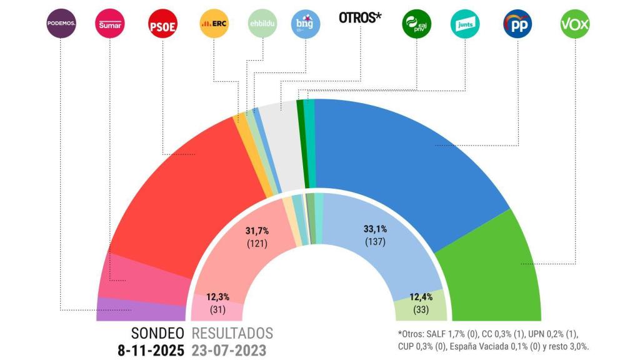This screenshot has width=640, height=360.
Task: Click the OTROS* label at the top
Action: click(x=360, y=18)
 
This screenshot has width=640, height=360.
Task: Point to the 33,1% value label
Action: click(x=375, y=229)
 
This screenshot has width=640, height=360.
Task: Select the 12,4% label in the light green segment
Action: click(x=420, y=297)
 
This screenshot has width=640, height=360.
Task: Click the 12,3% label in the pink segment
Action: click(x=218, y=297)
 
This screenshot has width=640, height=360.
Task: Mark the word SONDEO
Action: click(x=157, y=333)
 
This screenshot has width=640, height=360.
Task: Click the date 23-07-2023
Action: click(x=229, y=350)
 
